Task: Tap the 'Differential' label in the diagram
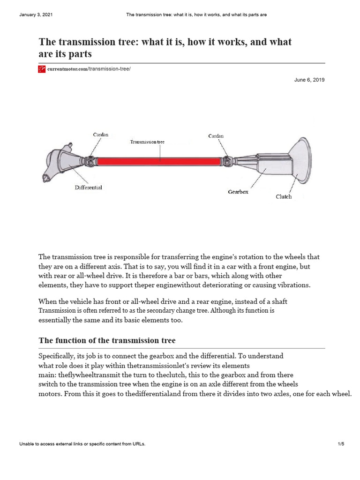[88, 187]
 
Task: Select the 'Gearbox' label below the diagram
[238, 192]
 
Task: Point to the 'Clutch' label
[284, 197]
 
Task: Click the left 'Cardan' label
[101, 135]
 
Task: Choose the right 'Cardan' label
[216, 136]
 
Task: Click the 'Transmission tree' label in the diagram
[147, 141]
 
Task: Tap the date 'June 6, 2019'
[309, 80]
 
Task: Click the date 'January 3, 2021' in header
[36, 15]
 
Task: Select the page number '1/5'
[341, 444]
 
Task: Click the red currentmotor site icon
[42, 69]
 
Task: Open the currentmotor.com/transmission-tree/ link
[89, 69]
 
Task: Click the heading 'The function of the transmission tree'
[107, 340]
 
